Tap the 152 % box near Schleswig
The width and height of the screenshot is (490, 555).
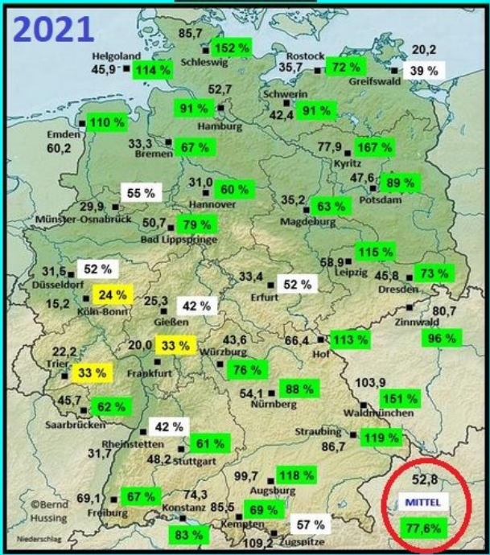click(229, 48)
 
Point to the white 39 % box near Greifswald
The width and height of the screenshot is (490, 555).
click(426, 70)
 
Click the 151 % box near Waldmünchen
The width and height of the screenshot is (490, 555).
click(399, 398)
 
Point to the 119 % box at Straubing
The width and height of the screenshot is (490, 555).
click(380, 438)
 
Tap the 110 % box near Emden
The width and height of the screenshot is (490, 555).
click(108, 123)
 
